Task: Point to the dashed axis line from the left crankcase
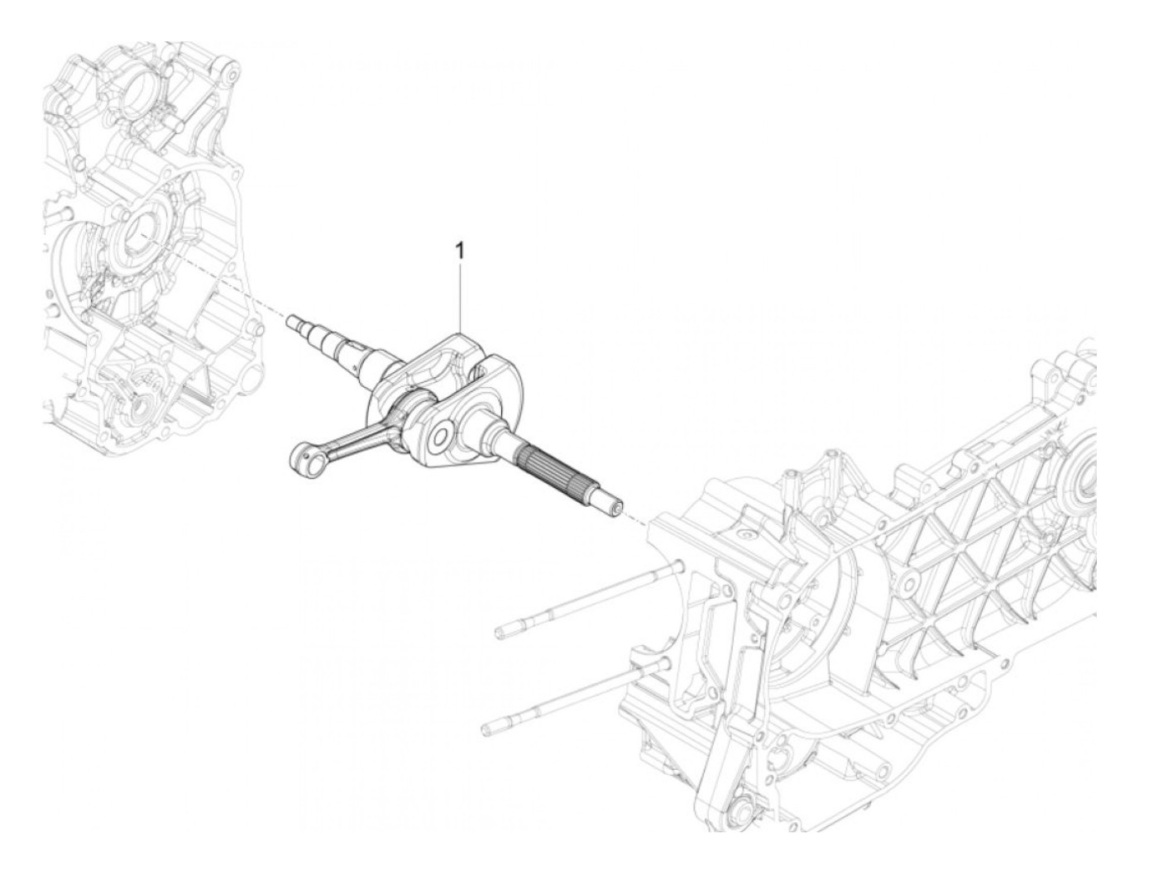click(x=223, y=281)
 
